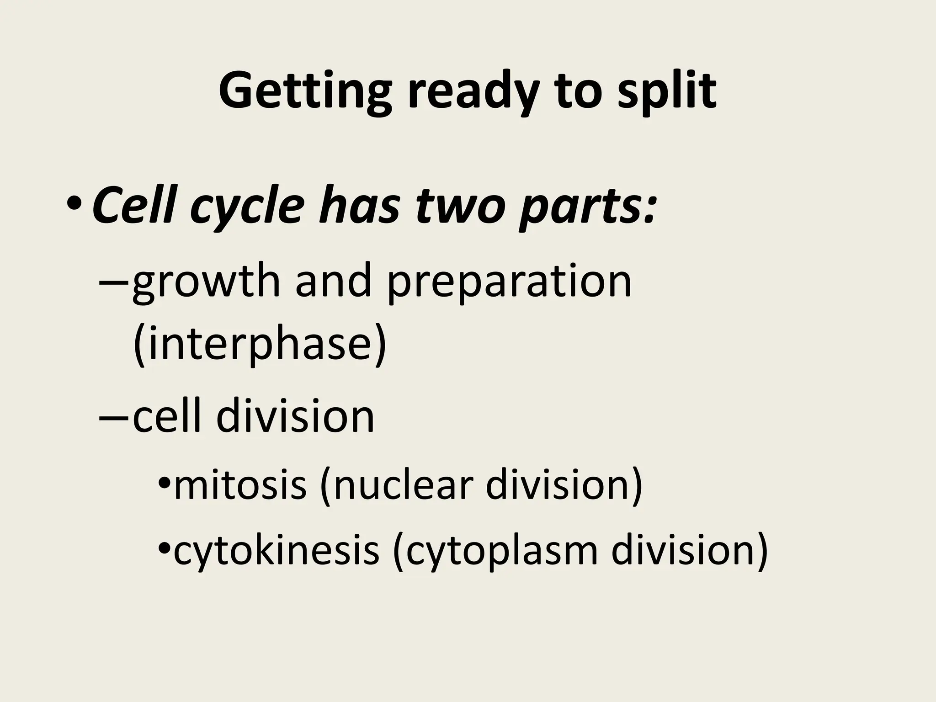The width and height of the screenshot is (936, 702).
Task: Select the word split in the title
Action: pos(667,91)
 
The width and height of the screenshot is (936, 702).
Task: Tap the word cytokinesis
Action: pos(276,551)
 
